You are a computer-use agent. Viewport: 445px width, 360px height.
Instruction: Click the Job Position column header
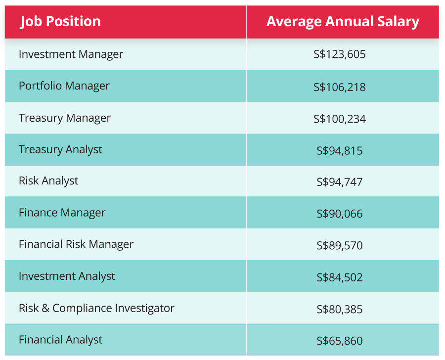[x=60, y=22]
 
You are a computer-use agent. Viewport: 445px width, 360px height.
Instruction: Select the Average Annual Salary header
[x=343, y=22]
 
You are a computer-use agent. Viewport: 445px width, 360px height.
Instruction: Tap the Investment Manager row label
[x=71, y=54]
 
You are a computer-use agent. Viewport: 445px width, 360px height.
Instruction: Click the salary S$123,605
[x=340, y=54]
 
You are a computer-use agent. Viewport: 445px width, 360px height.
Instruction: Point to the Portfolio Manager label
[x=64, y=86]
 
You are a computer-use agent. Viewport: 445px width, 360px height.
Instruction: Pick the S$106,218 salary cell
[x=340, y=87]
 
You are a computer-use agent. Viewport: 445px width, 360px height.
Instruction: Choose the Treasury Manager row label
[x=65, y=118]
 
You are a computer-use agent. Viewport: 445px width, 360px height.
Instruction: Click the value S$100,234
[x=340, y=119]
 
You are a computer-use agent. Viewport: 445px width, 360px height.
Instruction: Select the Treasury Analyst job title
[x=60, y=149]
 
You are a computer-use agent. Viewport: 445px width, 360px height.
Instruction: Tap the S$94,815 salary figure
[x=340, y=150]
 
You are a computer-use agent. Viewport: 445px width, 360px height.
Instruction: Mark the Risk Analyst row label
[x=48, y=181]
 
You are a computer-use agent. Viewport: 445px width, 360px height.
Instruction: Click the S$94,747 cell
[x=340, y=182]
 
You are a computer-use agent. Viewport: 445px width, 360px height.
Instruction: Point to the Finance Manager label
[x=62, y=213]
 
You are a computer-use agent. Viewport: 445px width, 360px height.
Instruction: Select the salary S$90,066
[x=340, y=214]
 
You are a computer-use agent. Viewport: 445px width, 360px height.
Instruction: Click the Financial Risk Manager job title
[x=76, y=244]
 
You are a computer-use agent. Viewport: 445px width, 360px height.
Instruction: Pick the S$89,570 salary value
[x=340, y=246]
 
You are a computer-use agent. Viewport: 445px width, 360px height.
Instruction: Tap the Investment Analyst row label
[x=67, y=276]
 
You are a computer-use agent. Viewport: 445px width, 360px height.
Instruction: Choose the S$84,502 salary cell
[x=340, y=277]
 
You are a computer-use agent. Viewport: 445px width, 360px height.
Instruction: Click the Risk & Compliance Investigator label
[x=96, y=308]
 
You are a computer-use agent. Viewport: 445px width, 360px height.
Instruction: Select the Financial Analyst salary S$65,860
[x=340, y=341]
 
